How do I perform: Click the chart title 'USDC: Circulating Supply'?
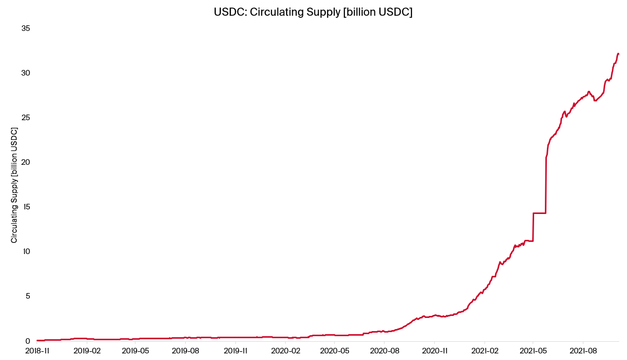[x=313, y=12]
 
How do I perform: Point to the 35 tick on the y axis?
[x=26, y=28]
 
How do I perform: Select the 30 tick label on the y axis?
[x=26, y=73]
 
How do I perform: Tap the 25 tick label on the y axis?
[x=26, y=118]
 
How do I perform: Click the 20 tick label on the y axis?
[x=26, y=162]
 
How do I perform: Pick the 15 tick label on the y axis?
[x=26, y=207]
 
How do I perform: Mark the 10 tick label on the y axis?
[x=26, y=251]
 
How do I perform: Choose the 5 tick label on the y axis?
[x=28, y=296]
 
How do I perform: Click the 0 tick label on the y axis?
[x=28, y=341]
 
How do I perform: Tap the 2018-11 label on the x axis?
[x=38, y=350]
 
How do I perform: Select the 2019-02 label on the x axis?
[x=88, y=350]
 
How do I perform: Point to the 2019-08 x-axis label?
[x=186, y=350]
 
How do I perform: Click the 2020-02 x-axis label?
[x=286, y=350]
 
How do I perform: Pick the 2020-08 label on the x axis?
[x=385, y=350]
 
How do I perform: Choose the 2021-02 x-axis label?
[x=485, y=350]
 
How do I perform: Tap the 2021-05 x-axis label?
[x=533, y=350]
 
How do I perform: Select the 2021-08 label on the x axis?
[x=583, y=350]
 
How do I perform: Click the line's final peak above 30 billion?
[x=618, y=53]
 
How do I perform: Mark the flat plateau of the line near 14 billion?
[x=539, y=213]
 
